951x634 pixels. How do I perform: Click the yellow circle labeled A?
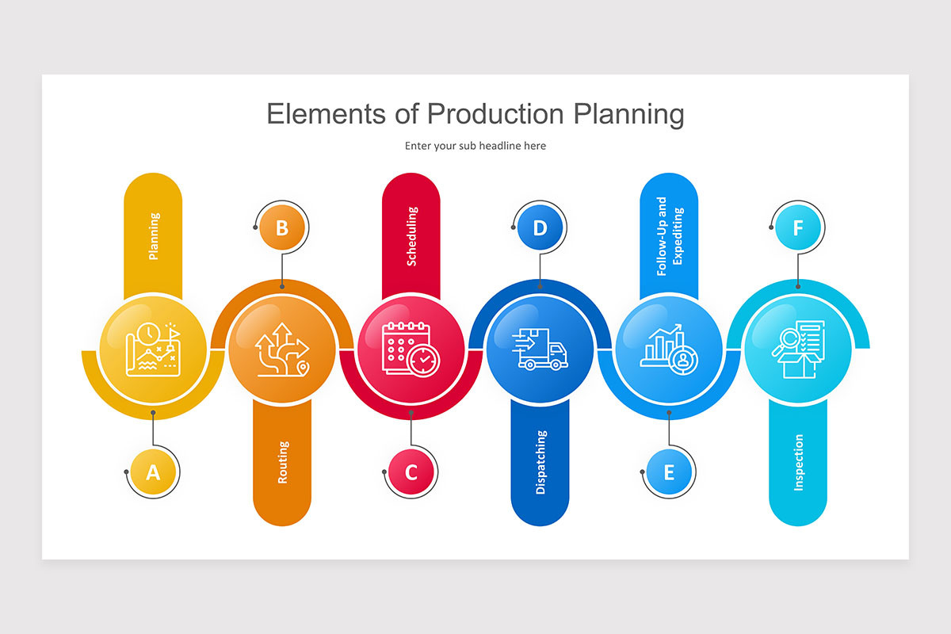point(153,472)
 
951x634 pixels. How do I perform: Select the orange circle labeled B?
point(282,228)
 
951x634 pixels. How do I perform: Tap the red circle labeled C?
point(411,472)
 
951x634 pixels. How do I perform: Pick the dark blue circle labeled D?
point(540,228)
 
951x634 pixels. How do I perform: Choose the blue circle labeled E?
point(669,472)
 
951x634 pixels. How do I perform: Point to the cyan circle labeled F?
point(798,228)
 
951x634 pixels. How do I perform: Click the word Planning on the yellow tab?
point(154,236)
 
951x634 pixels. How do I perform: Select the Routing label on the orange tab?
point(283,462)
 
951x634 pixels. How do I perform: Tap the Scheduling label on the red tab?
point(411,236)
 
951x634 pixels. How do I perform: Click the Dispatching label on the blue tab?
point(540,462)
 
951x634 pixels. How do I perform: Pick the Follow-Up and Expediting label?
point(669,236)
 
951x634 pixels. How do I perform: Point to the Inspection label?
point(798,462)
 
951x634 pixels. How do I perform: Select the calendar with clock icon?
point(410,349)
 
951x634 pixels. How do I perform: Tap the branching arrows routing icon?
point(281,349)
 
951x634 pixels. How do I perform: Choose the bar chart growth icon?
point(667,349)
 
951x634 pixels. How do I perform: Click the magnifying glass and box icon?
point(798,349)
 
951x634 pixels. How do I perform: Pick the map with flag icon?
point(154,349)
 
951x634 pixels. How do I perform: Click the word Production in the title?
point(498,114)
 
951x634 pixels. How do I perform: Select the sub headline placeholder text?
point(475,146)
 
